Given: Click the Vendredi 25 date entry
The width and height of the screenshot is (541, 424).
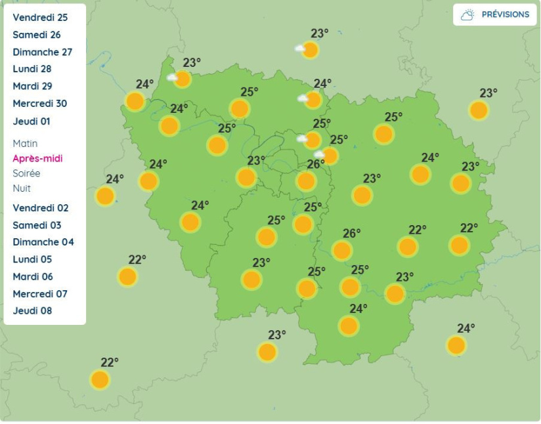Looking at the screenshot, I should [x=40, y=18].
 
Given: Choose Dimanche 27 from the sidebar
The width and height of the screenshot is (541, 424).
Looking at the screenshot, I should [x=42, y=52].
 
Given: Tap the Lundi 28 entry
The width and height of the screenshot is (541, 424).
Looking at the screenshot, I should [x=32, y=69].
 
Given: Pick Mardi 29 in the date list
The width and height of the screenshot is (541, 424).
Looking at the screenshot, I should [x=32, y=86].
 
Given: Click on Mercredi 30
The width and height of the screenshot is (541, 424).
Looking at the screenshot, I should [x=39, y=104].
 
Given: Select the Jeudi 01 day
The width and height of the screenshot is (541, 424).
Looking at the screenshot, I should [x=32, y=121].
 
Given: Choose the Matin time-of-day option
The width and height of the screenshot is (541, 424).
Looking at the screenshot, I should [x=25, y=144].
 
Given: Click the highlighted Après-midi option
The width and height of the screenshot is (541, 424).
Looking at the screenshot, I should [x=37, y=159].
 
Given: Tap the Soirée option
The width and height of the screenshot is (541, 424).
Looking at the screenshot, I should [x=26, y=173].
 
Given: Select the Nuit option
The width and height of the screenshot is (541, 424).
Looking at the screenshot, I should [x=22, y=188].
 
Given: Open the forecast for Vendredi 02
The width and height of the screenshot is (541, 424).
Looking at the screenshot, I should [x=40, y=208].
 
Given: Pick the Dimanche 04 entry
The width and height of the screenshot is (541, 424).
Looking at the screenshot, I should [x=43, y=242].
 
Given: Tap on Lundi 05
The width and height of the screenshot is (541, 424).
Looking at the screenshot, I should [x=32, y=259].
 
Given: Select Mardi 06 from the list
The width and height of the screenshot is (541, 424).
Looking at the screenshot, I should [x=33, y=277].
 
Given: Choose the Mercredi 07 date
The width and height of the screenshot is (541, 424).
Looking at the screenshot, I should [x=39, y=294].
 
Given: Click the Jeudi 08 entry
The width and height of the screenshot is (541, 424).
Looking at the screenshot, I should [x=32, y=311].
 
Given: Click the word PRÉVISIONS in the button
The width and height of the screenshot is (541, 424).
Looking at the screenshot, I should [x=505, y=14].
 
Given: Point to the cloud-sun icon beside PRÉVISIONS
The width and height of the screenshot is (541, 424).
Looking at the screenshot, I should [x=467, y=14].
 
